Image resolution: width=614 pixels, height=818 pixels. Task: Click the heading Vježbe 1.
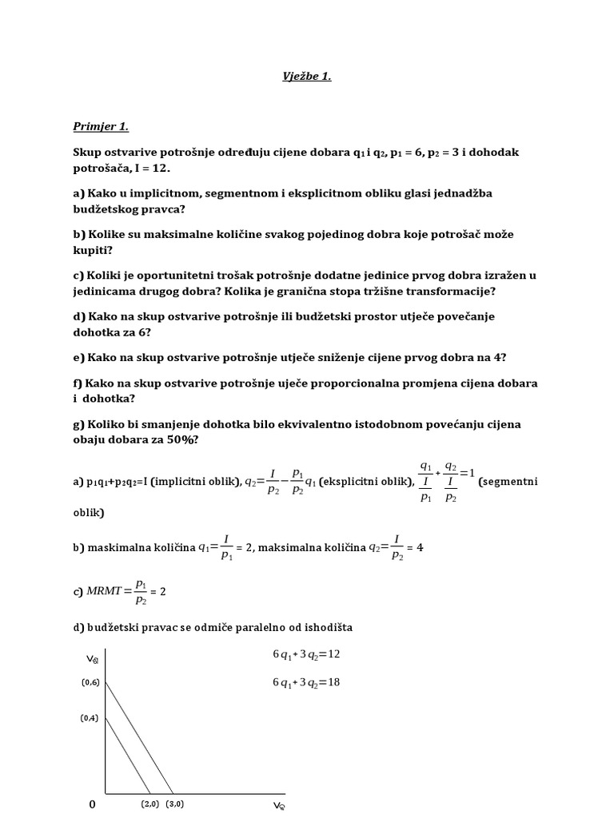(x=307, y=77)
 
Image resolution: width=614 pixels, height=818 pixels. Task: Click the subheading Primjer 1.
(x=100, y=126)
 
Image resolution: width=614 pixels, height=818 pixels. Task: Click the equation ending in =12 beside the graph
(x=306, y=654)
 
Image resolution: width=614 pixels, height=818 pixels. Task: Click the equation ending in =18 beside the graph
(x=306, y=682)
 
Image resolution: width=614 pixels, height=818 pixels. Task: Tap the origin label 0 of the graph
(x=92, y=804)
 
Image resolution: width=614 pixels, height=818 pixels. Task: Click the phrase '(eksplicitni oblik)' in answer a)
(x=366, y=482)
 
